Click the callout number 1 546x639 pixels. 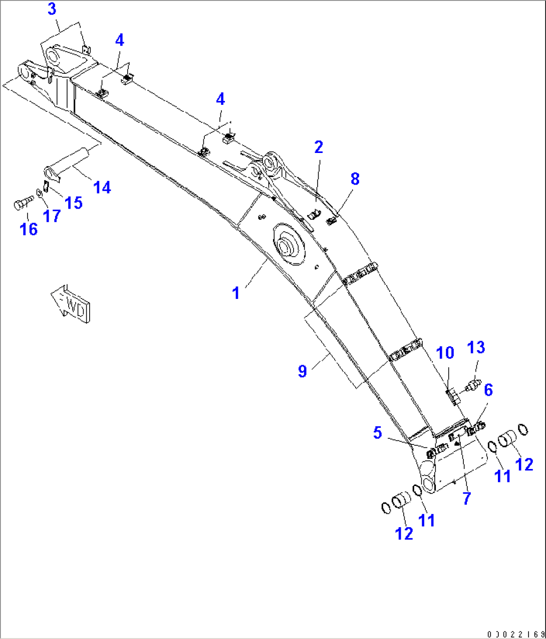coord(236,293)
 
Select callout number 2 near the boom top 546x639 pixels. coord(319,147)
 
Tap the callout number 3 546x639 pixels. coord(52,9)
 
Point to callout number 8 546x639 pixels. coord(355,179)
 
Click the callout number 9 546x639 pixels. coord(302,371)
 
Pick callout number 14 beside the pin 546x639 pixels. coord(102,188)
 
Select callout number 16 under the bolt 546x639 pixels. coord(29,229)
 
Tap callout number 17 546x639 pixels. coord(52,216)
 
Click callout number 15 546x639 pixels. coord(74,203)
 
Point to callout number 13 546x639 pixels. coord(476,348)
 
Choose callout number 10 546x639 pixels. coord(445,353)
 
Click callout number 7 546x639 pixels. coord(466,499)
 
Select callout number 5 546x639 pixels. coord(378,433)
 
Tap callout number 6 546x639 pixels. coord(488,390)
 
